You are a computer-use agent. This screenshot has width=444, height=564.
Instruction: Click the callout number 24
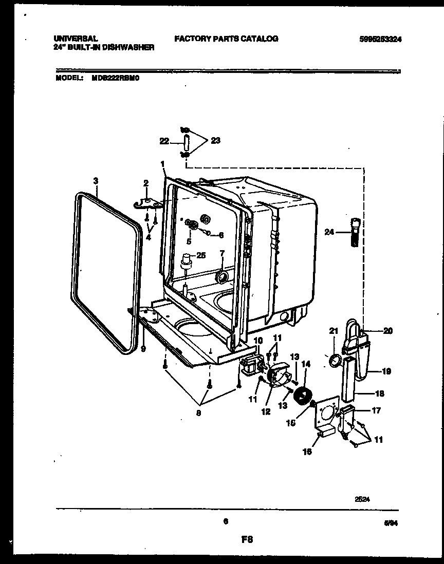point(328,232)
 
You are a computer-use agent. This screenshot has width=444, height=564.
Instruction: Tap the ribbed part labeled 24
point(354,233)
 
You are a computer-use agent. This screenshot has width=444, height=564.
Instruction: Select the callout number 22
point(164,140)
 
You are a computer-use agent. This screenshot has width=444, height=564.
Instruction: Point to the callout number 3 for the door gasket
point(95,180)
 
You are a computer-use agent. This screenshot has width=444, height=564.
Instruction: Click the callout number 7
point(221,253)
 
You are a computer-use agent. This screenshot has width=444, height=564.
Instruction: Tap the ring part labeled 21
point(334,362)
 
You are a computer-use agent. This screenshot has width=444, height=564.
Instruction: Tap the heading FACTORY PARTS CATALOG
point(226,39)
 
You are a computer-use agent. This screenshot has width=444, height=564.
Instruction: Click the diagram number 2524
point(362,498)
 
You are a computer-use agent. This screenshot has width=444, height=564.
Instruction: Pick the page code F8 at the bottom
point(248,539)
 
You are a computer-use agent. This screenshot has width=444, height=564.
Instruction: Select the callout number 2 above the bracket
point(146,183)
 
